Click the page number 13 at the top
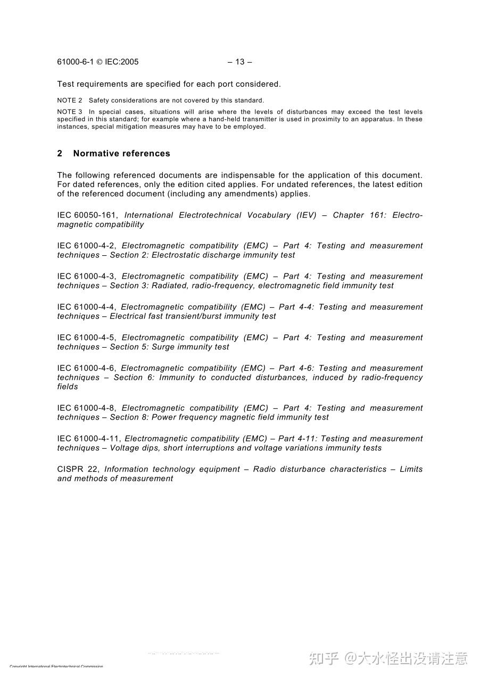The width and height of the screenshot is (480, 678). click(x=240, y=62)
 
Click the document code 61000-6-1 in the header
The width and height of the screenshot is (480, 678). click(x=75, y=62)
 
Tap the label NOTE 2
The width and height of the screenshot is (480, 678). click(x=70, y=101)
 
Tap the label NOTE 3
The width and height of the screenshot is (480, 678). click(x=70, y=112)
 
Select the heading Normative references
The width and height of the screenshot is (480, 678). click(x=122, y=153)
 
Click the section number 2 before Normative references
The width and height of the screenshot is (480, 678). click(x=60, y=153)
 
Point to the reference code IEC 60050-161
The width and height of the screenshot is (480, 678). click(x=88, y=215)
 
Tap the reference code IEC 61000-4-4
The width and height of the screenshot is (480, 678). click(x=87, y=307)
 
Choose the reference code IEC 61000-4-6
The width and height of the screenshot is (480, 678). click(x=87, y=368)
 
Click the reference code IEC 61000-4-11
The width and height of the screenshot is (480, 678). click(x=89, y=439)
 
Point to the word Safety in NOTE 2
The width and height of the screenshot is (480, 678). click(x=98, y=101)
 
